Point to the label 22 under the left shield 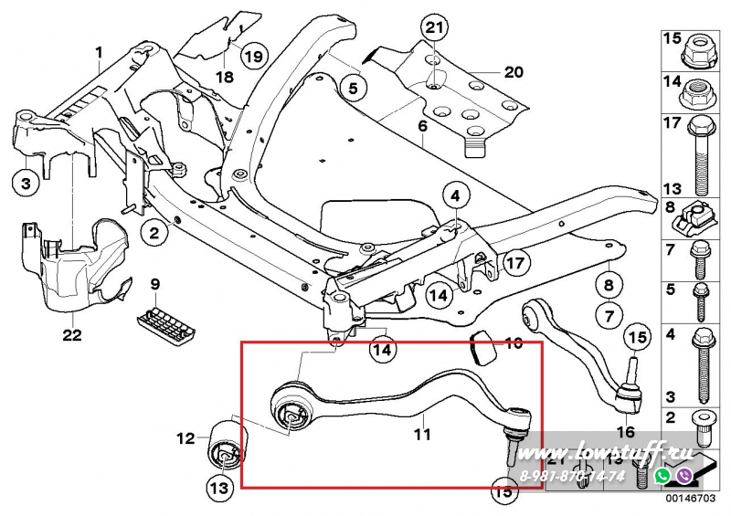[x=72, y=335]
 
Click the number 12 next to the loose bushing [x=185, y=438]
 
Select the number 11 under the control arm [x=421, y=436]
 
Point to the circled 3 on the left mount [x=26, y=183]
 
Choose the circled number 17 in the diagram [x=516, y=264]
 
